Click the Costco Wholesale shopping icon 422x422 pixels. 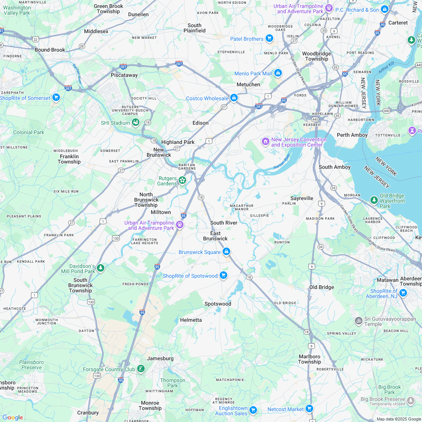point(234,98)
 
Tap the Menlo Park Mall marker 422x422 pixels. point(278,73)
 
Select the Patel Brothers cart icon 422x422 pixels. point(269,38)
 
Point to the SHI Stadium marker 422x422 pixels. point(136,122)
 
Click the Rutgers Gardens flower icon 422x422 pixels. point(182,180)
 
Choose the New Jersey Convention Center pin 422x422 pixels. point(266,142)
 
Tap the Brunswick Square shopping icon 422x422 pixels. point(226,252)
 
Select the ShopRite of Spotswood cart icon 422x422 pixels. point(223,275)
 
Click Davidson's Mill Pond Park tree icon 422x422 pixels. point(100,268)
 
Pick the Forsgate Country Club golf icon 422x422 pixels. point(141,369)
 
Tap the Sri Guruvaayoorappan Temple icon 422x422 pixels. point(359,321)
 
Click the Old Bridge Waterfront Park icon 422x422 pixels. point(374,200)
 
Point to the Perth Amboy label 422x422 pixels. point(352,135)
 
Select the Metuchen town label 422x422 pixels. point(248,84)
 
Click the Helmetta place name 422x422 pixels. point(191,320)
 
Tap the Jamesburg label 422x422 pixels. point(160,358)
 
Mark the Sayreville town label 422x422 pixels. point(302,198)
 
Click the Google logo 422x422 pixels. point(12,417)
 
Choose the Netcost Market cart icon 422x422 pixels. point(309,409)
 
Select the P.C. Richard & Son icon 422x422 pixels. point(384,9)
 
